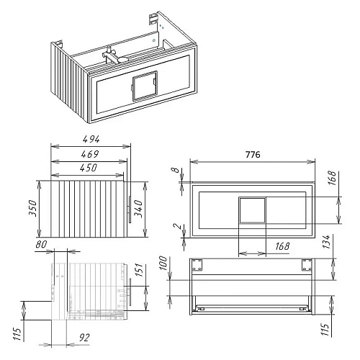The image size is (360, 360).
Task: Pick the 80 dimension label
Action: tap(41, 245)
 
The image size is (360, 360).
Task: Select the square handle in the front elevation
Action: tap(251, 210)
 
